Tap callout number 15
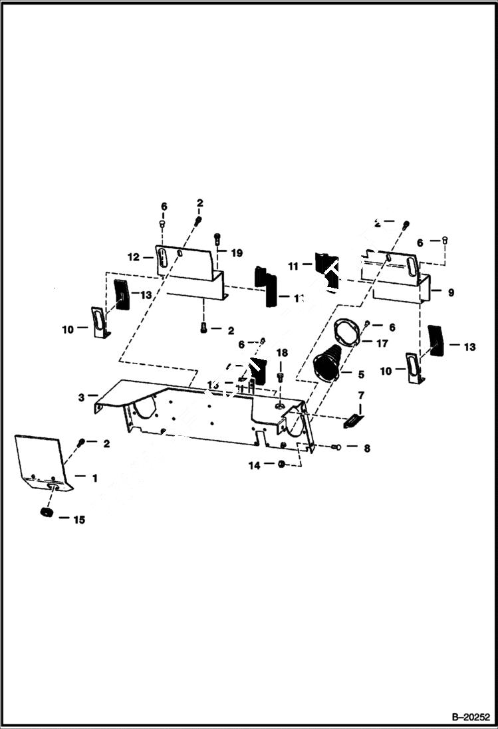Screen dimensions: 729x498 pyautogui.click(x=79, y=520)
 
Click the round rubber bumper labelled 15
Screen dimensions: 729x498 pyautogui.click(x=46, y=514)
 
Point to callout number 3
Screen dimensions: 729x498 pyautogui.click(x=81, y=397)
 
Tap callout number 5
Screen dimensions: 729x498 pyautogui.click(x=363, y=373)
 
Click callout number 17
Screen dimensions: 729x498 pyautogui.click(x=382, y=344)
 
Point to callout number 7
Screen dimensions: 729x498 pyautogui.click(x=362, y=397)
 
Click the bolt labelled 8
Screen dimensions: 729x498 pyautogui.click(x=336, y=448)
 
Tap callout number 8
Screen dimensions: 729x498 pyautogui.click(x=366, y=449)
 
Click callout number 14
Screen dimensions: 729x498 pyautogui.click(x=255, y=466)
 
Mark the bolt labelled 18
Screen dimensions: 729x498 pyautogui.click(x=281, y=377)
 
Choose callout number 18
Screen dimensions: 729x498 pyautogui.click(x=282, y=352)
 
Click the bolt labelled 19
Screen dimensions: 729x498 pyautogui.click(x=217, y=239)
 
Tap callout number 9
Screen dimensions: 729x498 pyautogui.click(x=451, y=292)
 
